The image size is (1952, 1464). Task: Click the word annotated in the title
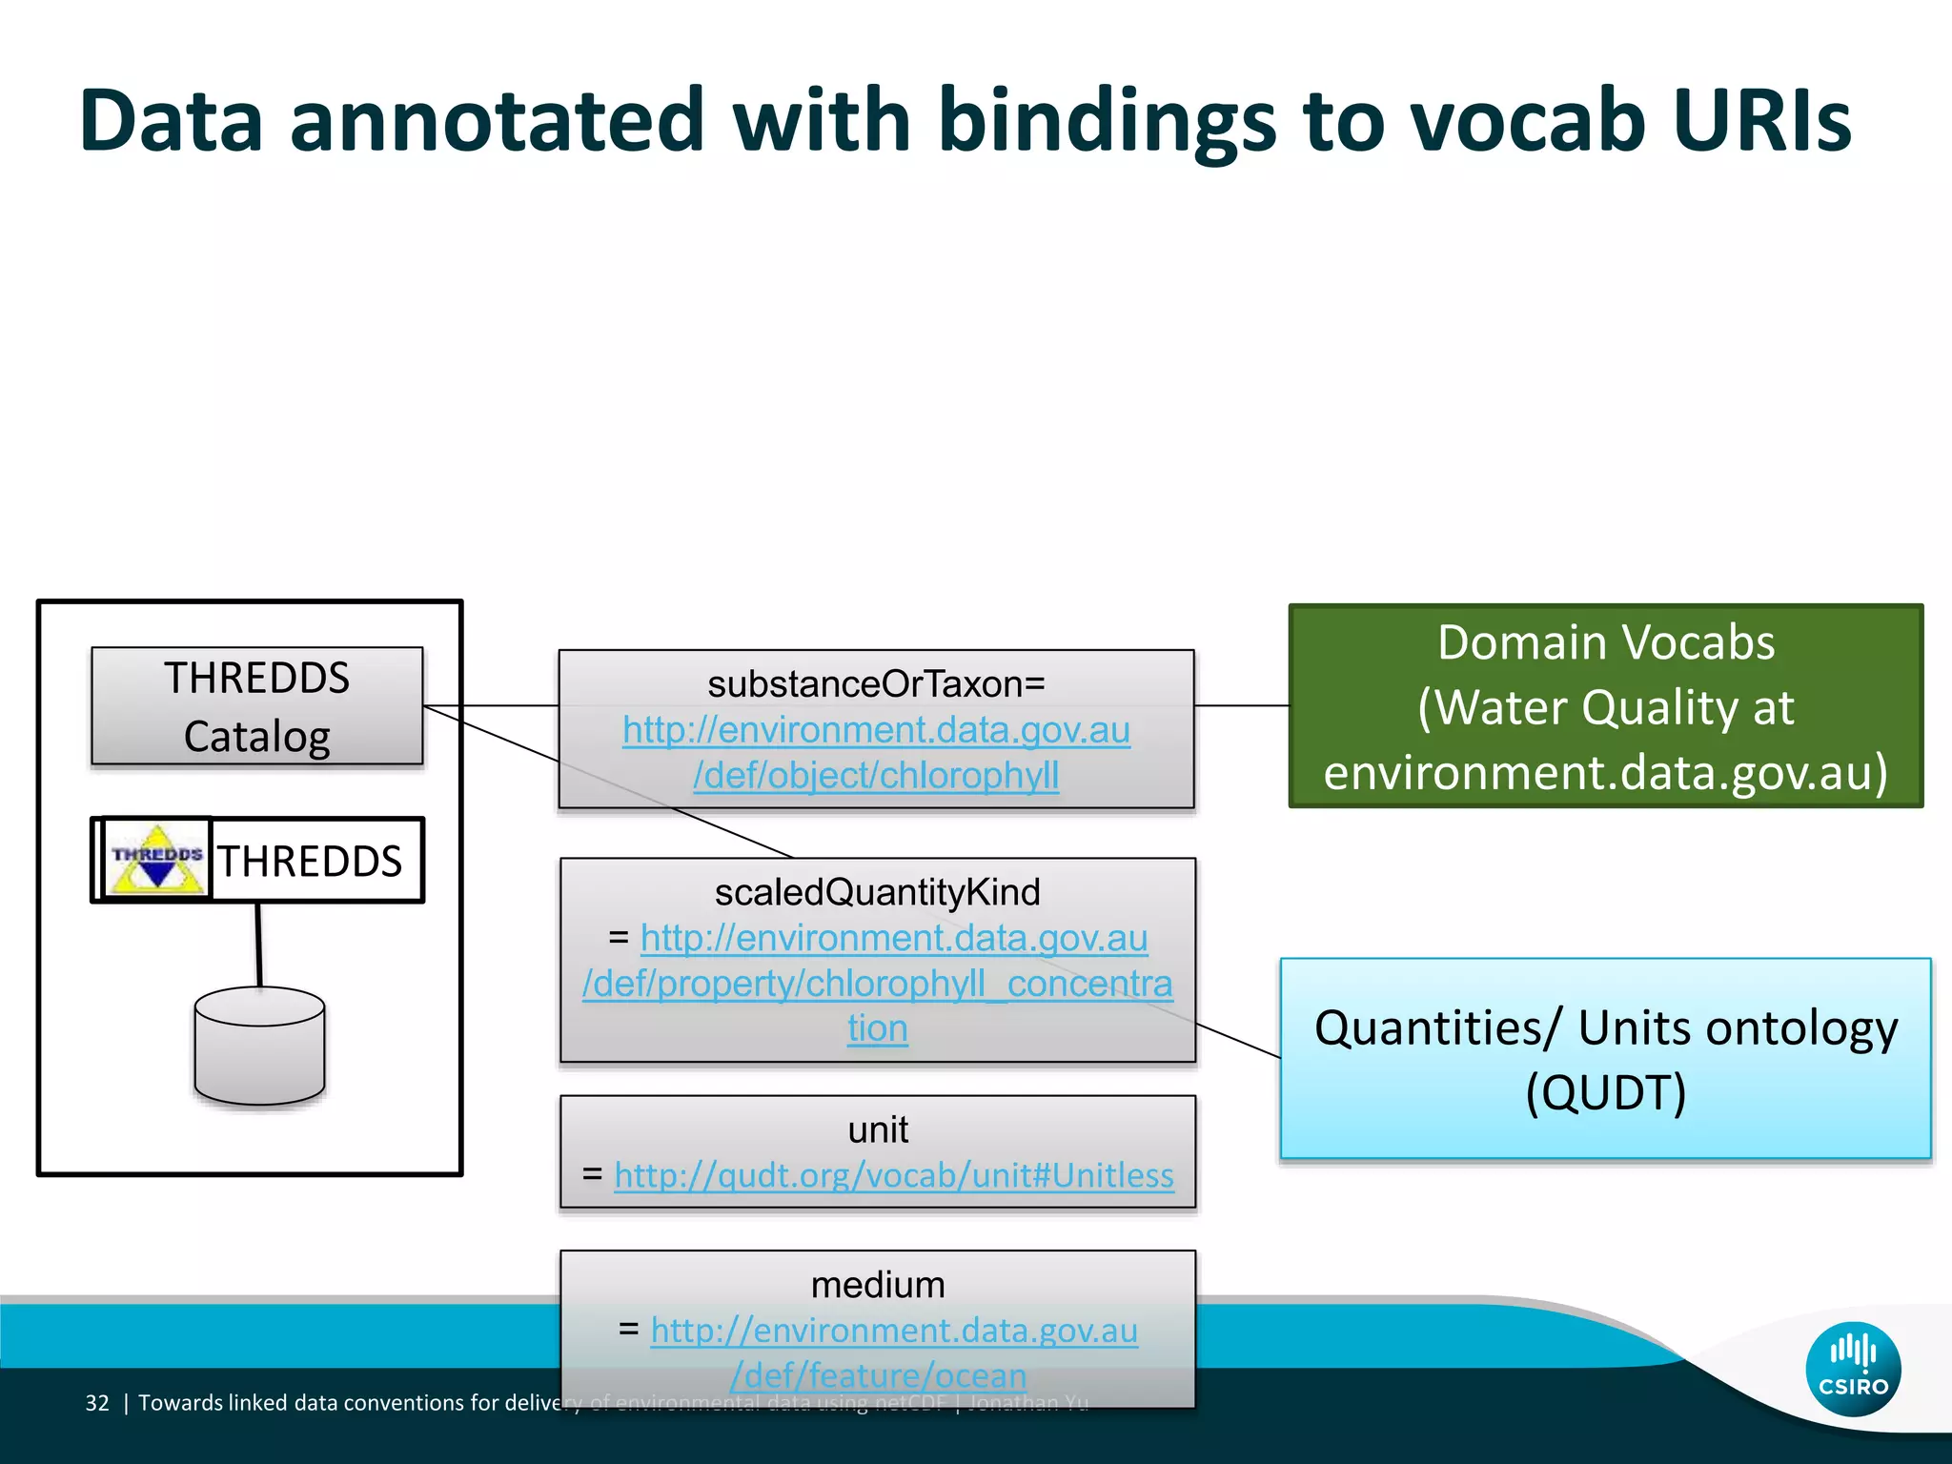coord(496,121)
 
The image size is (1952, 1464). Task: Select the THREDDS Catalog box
coord(256,706)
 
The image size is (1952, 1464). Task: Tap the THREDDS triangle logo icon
coord(157,860)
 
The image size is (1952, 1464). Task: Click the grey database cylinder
coord(259,1046)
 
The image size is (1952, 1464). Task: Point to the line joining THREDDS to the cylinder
coord(258,944)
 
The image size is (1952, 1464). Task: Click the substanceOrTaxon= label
coord(876,684)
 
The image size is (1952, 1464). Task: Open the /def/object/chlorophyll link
coord(876,776)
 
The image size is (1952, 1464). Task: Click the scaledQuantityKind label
coord(877,893)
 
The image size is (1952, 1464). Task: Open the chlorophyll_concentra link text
coord(877,984)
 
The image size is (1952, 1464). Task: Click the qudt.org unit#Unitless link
coord(894,1175)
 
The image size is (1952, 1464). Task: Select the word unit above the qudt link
coord(878,1130)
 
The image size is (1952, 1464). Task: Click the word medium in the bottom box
coord(878,1285)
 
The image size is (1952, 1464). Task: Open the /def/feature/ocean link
coord(878,1375)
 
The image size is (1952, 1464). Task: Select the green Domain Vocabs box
coord(1605,706)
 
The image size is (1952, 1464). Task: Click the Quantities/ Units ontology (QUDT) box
coord(1605,1058)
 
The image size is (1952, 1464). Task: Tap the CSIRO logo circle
coord(1853,1369)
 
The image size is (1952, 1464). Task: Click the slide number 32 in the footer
coord(97,1403)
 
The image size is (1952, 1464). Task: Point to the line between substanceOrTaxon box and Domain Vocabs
coord(1241,706)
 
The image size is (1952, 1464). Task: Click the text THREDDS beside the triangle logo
coord(311,862)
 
